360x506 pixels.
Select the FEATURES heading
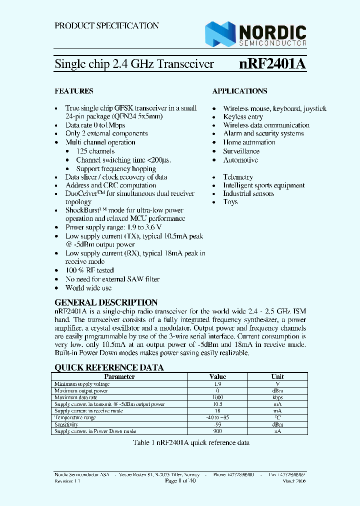click(x=73, y=91)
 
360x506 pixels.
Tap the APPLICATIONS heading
click(x=239, y=91)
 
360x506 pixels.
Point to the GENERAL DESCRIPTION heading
click(x=105, y=302)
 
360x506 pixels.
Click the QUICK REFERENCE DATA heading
click(x=108, y=367)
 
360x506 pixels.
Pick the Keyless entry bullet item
click(x=243, y=117)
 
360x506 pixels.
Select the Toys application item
click(x=230, y=202)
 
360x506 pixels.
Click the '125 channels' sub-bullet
click(x=95, y=151)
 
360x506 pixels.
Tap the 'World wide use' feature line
click(x=88, y=288)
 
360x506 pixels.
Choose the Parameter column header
click(x=119, y=376)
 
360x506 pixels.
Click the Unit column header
click(x=277, y=376)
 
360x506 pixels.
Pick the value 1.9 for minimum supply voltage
click(x=217, y=383)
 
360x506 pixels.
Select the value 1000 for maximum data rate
click(x=217, y=397)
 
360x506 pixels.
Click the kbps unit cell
click(x=277, y=397)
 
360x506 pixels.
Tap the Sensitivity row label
click(x=66, y=424)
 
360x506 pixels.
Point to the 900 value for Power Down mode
click(x=217, y=431)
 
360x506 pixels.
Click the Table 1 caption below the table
click(x=190, y=443)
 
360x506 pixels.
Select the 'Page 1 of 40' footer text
click(x=180, y=480)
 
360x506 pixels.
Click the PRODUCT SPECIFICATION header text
click(x=106, y=25)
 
